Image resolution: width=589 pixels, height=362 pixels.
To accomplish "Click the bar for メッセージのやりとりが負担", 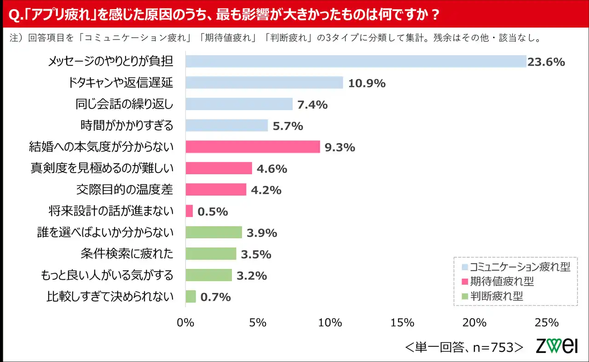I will pos(356,62).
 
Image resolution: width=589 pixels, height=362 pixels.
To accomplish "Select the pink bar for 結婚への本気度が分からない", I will pos(253,147).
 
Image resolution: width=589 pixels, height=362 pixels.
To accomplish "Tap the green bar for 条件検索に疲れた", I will pos(211,254).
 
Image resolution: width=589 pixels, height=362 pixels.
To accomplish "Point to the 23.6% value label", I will pos(546,62).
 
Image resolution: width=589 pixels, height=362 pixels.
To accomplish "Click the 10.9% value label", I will pos(367,83).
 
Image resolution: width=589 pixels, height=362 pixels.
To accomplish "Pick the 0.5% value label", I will pos(213,212).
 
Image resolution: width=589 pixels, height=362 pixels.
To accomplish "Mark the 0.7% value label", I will pos(215,297).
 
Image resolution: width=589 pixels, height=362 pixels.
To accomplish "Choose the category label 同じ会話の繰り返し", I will pos(124,104).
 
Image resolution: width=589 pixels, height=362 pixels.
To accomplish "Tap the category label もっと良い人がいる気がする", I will pos(107,275).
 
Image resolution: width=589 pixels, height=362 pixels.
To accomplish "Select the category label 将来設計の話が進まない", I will pos(111,211).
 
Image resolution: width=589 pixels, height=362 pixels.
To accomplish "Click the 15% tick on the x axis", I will pos(402,322).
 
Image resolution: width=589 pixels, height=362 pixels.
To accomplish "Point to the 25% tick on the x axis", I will pos(547,322).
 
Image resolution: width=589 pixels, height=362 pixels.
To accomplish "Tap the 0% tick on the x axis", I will pos(185,322).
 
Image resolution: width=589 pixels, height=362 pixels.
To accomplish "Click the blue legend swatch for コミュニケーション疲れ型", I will pos(465,267).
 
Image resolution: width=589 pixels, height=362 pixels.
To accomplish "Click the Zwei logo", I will pos(556,345).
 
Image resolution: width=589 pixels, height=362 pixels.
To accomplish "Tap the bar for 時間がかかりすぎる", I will pos(226,126).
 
